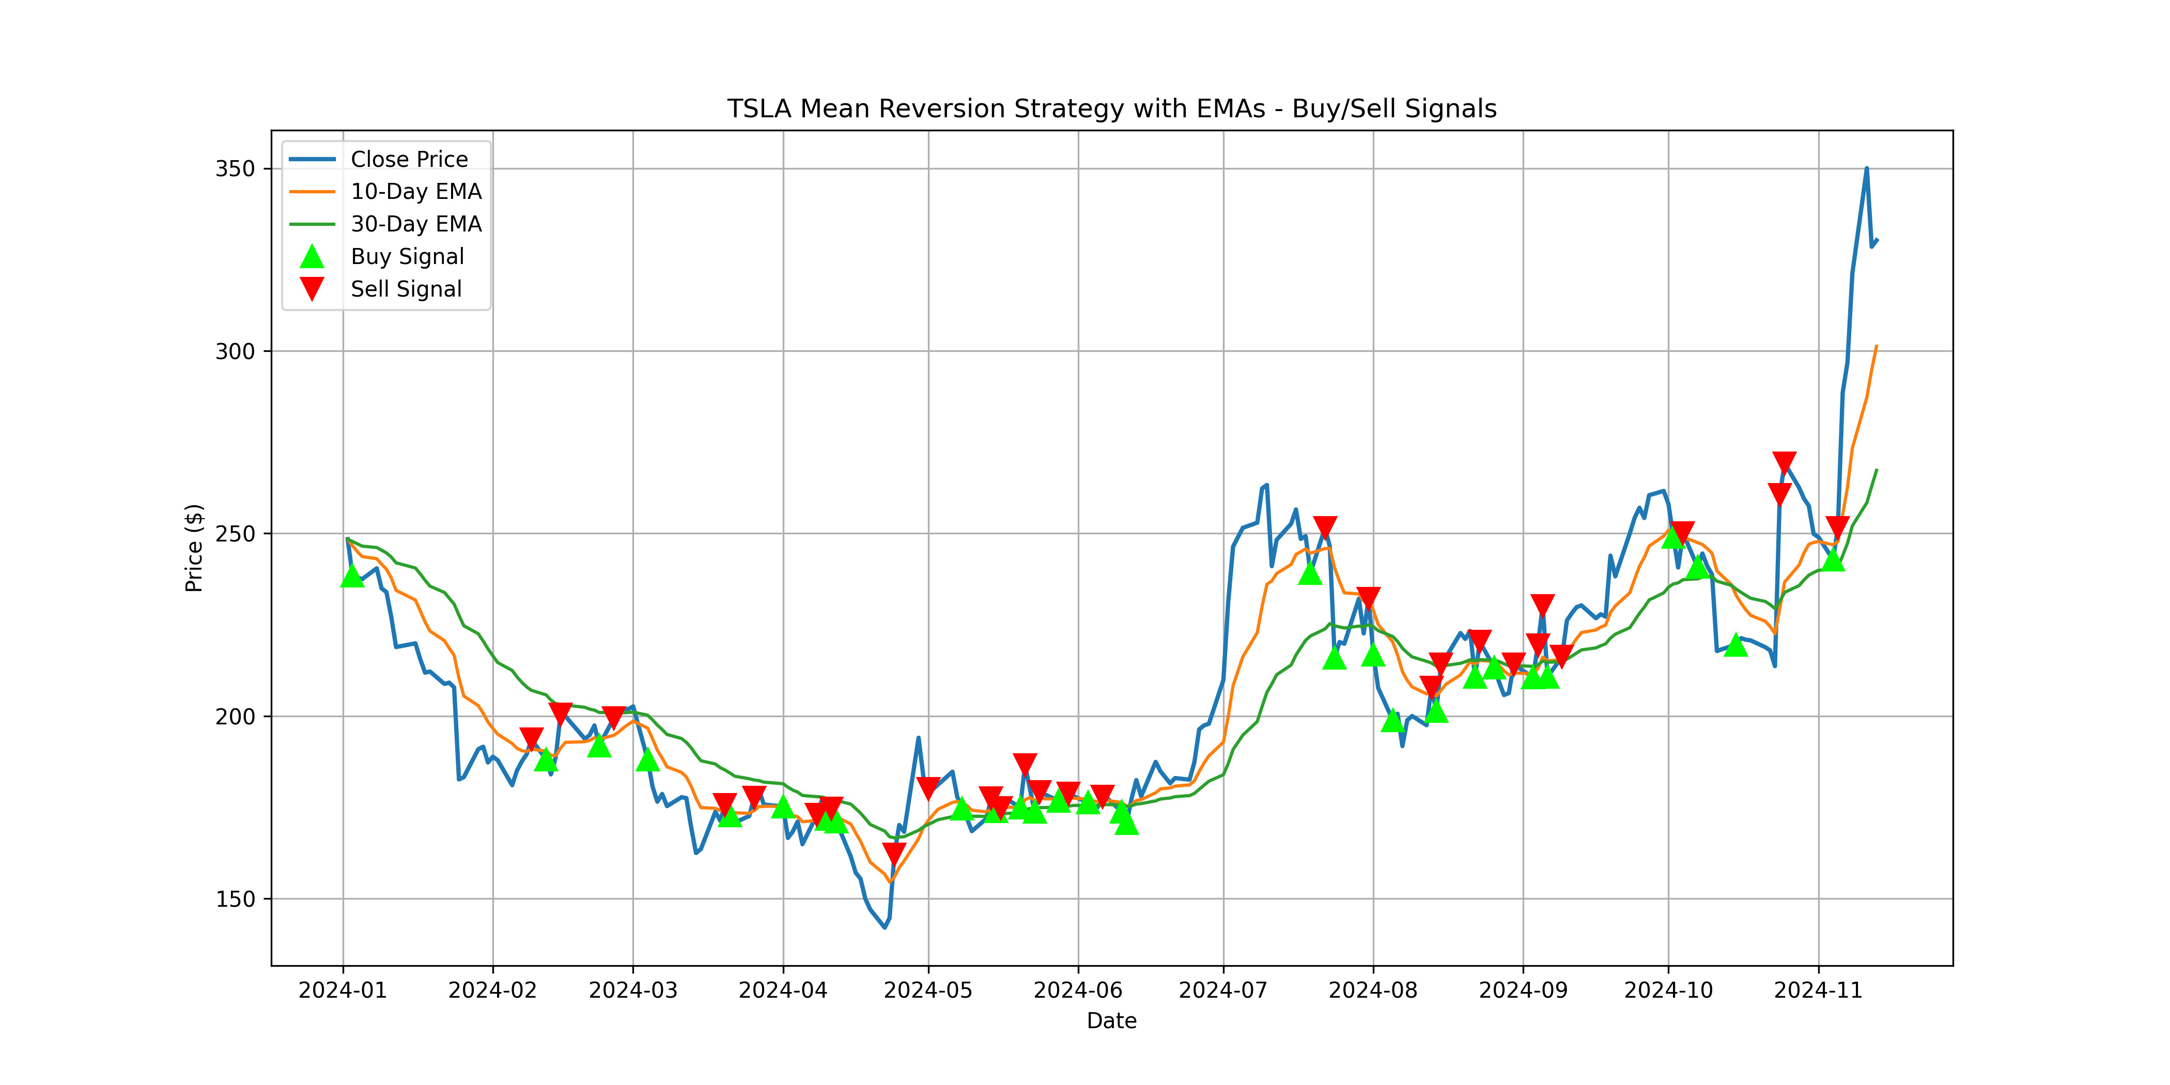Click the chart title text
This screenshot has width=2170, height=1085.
coord(1111,109)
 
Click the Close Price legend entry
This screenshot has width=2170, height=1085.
coord(409,159)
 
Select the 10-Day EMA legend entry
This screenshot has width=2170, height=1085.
coord(415,192)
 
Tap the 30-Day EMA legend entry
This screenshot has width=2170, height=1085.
coord(415,224)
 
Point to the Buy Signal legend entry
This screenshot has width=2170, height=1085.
coord(407,257)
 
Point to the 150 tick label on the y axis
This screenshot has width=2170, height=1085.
coord(235,900)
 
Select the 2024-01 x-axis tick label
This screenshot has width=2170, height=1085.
coord(343,990)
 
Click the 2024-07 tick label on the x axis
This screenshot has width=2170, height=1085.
coord(1223,990)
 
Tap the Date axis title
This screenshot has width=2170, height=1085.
coord(1111,1021)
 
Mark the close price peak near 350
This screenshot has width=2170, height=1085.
coord(1867,168)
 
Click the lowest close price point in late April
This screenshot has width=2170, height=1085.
coord(885,927)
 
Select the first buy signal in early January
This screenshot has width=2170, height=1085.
coord(352,576)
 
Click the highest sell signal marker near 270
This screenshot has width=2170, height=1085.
coord(1784,461)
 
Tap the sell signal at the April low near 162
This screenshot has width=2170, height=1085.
coord(894,854)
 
